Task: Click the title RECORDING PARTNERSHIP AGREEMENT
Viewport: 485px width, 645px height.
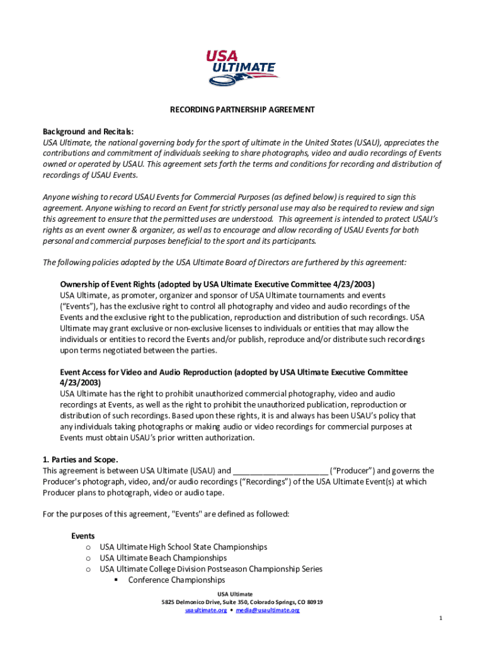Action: pos(242,110)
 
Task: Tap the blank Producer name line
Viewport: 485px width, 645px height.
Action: pos(280,471)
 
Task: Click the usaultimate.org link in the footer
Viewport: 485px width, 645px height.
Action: pos(205,610)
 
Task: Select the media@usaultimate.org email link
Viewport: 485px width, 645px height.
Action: pos(268,610)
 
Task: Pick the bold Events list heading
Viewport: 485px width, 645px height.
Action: pos(83,536)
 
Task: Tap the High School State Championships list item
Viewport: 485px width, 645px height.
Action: pos(183,547)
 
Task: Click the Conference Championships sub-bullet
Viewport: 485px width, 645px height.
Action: pos(176,580)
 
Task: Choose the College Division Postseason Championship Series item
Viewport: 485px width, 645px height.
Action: pos(211,569)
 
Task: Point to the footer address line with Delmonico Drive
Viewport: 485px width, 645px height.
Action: pos(242,602)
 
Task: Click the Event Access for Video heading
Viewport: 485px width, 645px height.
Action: pos(234,372)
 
